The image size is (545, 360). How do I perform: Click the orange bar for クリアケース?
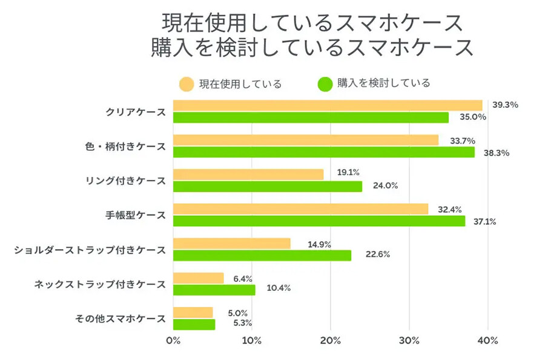pos(328,105)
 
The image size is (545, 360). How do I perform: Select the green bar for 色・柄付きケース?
pos(324,152)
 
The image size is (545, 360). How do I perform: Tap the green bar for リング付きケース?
pos(268,186)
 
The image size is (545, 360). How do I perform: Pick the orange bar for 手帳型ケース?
pos(300,209)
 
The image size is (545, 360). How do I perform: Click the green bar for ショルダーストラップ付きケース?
pos(262,255)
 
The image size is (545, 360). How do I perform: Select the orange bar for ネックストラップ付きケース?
pos(199,278)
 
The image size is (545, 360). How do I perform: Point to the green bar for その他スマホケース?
pos(194,324)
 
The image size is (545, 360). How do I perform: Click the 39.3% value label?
pos(504,105)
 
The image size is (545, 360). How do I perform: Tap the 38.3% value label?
pos(497,153)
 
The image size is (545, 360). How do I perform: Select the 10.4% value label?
pos(278,288)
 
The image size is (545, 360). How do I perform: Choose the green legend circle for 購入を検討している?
pos(325,84)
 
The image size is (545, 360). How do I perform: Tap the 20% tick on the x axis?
pos(331,341)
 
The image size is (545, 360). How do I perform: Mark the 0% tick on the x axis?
pos(173,341)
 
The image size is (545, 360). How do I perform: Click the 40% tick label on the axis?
pos(488,341)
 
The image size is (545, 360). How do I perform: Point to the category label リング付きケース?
pos(126,181)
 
